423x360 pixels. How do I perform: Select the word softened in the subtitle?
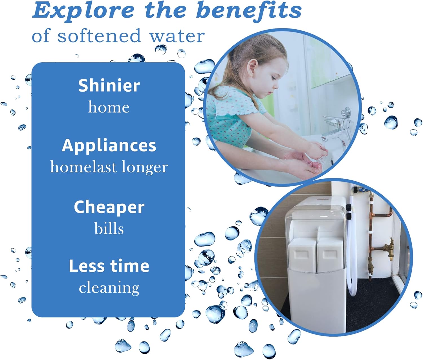tap(99, 36)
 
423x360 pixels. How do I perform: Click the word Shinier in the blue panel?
tap(109, 86)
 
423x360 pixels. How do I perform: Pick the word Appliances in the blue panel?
tap(109, 146)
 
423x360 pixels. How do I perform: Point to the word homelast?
tap(83, 167)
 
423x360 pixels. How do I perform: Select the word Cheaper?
tap(109, 207)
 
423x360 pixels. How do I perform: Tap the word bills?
tap(109, 229)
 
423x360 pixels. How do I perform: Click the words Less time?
tap(109, 266)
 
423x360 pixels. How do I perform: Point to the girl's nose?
tap(276, 85)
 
